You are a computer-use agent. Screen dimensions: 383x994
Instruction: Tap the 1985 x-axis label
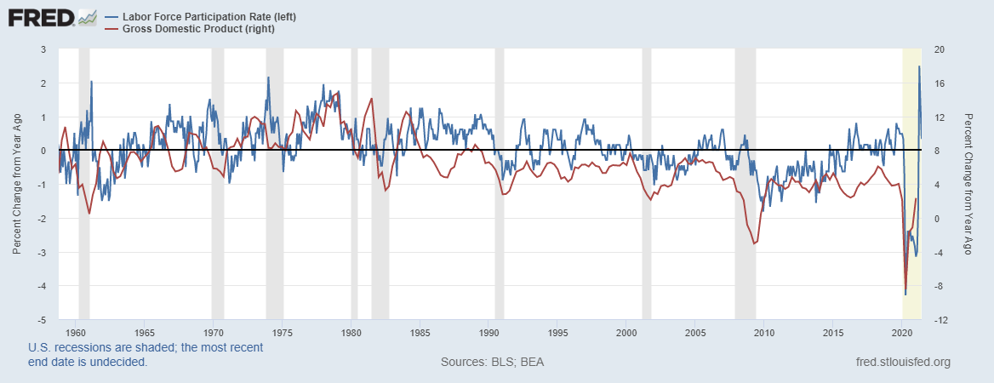click(x=420, y=332)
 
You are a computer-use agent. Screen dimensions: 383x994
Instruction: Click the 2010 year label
click(x=763, y=332)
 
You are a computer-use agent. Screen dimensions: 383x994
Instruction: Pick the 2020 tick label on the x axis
click(x=901, y=332)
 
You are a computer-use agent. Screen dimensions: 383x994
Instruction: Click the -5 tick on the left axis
click(x=42, y=320)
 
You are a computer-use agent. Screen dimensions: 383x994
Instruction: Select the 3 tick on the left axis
click(x=43, y=49)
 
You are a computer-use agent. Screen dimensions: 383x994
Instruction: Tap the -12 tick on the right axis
click(x=940, y=320)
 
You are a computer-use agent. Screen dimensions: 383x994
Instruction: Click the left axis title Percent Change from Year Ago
click(x=17, y=185)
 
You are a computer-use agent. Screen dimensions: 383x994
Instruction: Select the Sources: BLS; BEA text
click(x=492, y=363)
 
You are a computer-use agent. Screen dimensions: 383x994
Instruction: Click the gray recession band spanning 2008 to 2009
click(x=745, y=185)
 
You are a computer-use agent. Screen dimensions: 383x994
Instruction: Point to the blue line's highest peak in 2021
click(x=919, y=67)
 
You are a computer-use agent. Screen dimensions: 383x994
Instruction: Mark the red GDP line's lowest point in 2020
click(x=905, y=289)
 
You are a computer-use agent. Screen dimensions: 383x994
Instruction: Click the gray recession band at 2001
click(x=647, y=185)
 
